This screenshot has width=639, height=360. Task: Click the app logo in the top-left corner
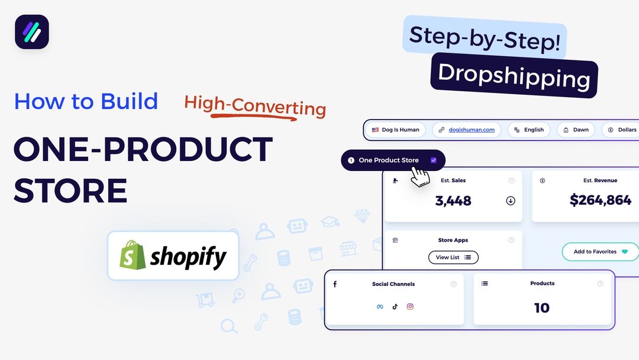[x=32, y=32]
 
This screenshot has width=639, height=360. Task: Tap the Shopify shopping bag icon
[x=133, y=255]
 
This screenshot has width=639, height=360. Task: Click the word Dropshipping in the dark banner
[x=514, y=75]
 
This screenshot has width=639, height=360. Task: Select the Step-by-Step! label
[x=485, y=37]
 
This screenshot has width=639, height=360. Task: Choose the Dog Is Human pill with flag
[x=395, y=130]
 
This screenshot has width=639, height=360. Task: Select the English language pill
[x=528, y=130]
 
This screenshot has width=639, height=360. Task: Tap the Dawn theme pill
[x=576, y=130]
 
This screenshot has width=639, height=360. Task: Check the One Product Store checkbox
[x=434, y=160]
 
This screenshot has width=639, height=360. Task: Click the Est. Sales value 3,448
[x=453, y=201]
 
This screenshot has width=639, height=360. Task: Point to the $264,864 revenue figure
[x=601, y=200]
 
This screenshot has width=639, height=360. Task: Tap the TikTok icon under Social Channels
[x=395, y=307]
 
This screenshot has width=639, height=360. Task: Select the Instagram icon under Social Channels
[x=410, y=307]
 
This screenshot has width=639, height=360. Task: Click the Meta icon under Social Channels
[x=380, y=307]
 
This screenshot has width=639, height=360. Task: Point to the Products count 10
[x=541, y=308]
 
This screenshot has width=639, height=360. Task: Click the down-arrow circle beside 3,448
[x=511, y=201]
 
